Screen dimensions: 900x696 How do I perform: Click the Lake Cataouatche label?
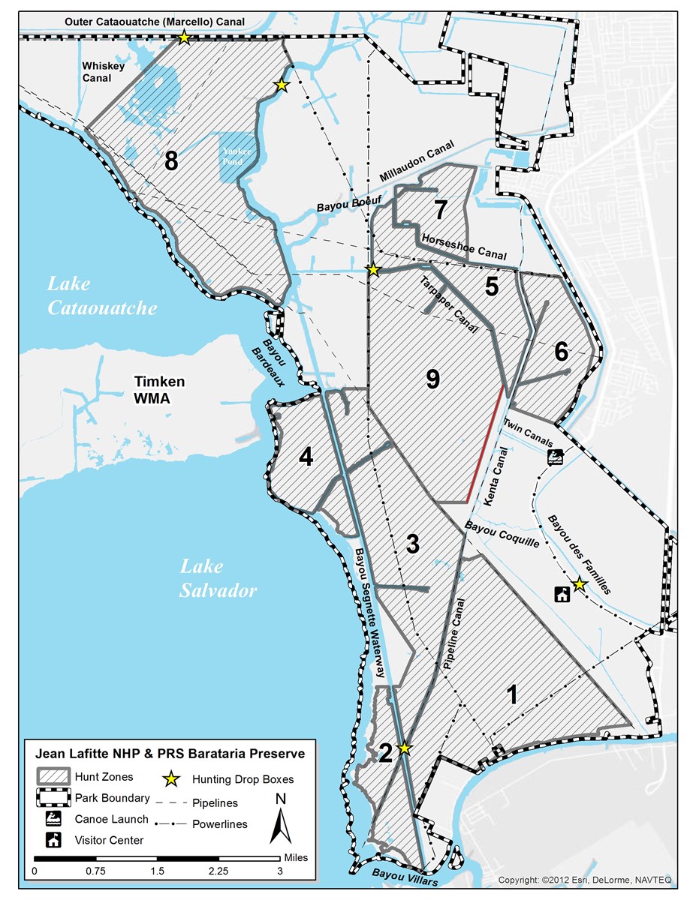(102, 296)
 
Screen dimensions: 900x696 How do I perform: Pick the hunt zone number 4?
(306, 457)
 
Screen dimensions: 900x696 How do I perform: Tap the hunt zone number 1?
(512, 695)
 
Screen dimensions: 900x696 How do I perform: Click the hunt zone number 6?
(562, 351)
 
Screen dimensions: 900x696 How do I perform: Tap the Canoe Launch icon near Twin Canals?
(556, 457)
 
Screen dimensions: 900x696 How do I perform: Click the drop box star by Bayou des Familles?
(579, 584)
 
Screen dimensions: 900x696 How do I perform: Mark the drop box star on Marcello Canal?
(183, 37)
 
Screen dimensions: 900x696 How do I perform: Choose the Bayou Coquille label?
(502, 532)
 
